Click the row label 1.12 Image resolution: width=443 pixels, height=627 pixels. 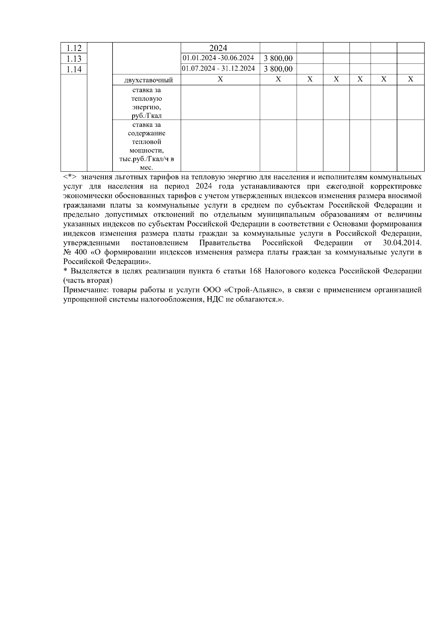coord(74,48)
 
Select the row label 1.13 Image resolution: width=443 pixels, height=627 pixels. coord(74,59)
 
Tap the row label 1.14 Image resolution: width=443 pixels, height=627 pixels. coord(74,69)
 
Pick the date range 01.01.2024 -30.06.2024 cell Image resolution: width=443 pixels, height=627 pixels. coord(218,58)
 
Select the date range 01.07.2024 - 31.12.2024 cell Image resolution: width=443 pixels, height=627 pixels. coord(218,69)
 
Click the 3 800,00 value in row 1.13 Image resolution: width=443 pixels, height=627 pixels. coord(278,58)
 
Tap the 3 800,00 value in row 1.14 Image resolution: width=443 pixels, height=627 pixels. coord(278,69)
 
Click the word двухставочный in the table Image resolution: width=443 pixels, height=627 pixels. coord(149,80)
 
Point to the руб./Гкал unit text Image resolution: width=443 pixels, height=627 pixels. coord(147,116)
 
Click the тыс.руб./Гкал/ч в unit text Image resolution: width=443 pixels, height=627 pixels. coord(147,159)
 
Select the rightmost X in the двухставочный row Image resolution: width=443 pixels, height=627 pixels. coord(410,79)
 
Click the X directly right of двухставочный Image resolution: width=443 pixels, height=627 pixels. coord(220,79)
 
